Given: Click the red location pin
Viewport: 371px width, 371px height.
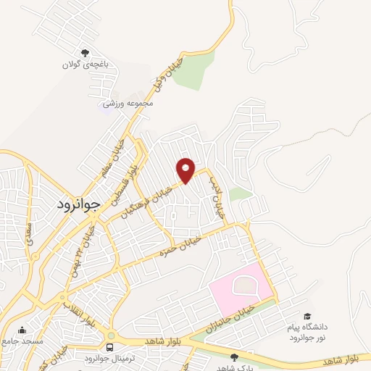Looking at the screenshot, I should click(186, 170).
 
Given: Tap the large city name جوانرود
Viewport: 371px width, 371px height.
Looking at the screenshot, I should click(81, 205).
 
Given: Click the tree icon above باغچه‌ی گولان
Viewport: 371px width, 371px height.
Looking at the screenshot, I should click(86, 52).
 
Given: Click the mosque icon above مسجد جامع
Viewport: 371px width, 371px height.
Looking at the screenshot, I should click(22, 330).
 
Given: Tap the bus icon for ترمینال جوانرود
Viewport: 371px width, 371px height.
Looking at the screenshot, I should click(110, 346).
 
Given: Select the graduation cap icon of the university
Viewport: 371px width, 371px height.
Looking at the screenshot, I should click(309, 317).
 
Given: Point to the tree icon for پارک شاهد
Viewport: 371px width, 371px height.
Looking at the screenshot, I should click(233, 357).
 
